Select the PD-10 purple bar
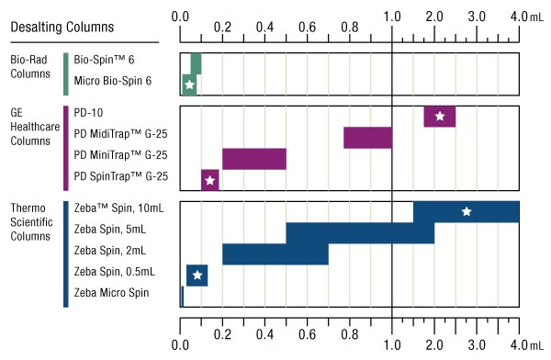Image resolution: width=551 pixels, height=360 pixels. (439, 117)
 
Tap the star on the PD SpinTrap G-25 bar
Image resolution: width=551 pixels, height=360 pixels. (209, 180)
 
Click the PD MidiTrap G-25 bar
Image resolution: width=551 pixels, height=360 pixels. (367, 138)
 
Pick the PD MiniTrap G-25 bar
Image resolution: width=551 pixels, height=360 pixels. (253, 159)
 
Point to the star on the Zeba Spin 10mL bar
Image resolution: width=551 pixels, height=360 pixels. (467, 212)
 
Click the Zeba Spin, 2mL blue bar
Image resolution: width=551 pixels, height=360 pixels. (275, 254)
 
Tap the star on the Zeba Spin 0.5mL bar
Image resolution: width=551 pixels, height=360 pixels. (197, 276)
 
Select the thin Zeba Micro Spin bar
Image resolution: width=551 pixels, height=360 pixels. (182, 297)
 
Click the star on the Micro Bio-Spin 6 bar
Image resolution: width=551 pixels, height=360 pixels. (189, 85)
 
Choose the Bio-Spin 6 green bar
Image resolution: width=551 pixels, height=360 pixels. (196, 63)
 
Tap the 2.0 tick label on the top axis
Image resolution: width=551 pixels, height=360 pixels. (434, 16)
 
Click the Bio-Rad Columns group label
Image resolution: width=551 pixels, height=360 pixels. (31, 67)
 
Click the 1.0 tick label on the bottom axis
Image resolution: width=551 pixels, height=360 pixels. (392, 346)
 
